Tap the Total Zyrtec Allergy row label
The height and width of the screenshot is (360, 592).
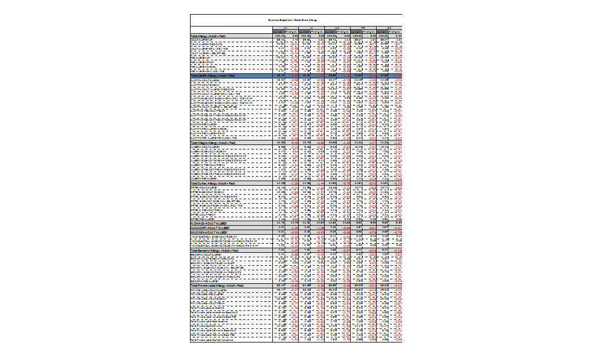coord(215,183)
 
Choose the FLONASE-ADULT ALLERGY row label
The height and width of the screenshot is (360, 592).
coord(210,223)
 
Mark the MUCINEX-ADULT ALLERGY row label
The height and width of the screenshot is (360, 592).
coord(209,232)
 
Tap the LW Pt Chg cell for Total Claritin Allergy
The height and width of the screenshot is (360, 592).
coord(293,75)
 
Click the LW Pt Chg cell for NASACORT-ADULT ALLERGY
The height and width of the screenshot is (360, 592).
coord(293,227)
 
